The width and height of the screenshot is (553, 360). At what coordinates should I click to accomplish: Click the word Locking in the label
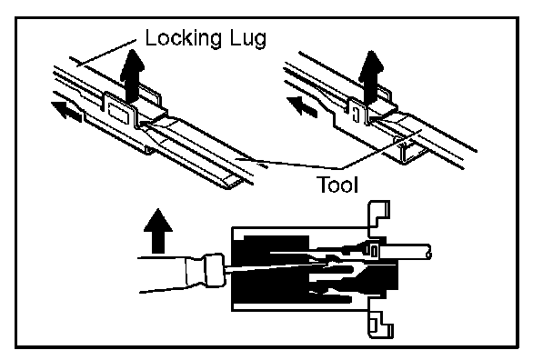[184, 38]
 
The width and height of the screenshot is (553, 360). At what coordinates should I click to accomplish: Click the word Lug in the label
[248, 38]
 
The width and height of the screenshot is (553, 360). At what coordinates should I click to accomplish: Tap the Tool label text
[337, 185]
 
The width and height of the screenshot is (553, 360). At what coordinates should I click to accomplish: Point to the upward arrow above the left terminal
[132, 75]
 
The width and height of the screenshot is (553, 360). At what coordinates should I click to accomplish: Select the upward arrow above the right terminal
[371, 77]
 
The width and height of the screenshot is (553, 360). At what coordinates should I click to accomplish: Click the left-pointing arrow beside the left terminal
[66, 112]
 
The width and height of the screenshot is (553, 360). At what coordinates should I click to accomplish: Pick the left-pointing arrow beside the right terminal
[302, 106]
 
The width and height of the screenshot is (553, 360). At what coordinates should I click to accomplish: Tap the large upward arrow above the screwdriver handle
[158, 231]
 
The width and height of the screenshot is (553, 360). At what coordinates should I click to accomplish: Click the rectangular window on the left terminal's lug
[118, 113]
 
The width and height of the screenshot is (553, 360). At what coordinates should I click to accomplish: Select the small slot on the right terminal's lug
[356, 115]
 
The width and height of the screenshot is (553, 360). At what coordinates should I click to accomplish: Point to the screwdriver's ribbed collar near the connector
[213, 270]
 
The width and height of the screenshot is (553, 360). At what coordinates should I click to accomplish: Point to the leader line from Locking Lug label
[106, 53]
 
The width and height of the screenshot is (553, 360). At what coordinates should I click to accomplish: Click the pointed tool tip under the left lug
[146, 125]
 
